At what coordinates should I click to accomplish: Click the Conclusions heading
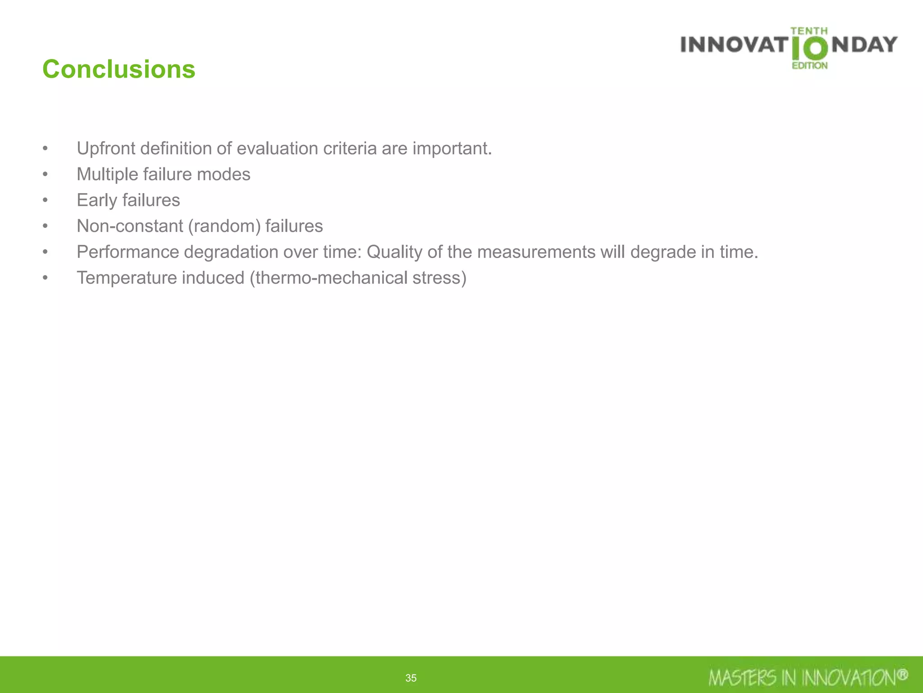[119, 69]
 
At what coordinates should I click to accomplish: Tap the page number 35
[411, 678]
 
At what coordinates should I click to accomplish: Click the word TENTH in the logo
[809, 31]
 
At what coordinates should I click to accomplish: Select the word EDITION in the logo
[810, 66]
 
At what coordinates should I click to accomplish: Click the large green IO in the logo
[810, 49]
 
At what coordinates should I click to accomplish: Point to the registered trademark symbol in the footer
[902, 675]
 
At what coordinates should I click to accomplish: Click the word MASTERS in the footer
[742, 678]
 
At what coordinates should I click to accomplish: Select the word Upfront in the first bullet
[106, 148]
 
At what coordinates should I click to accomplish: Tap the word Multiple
[107, 174]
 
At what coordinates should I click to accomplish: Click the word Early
[97, 200]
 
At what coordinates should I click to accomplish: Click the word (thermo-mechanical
[329, 278]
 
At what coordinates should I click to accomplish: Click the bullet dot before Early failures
[45, 200]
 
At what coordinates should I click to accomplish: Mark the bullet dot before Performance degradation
[45, 252]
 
